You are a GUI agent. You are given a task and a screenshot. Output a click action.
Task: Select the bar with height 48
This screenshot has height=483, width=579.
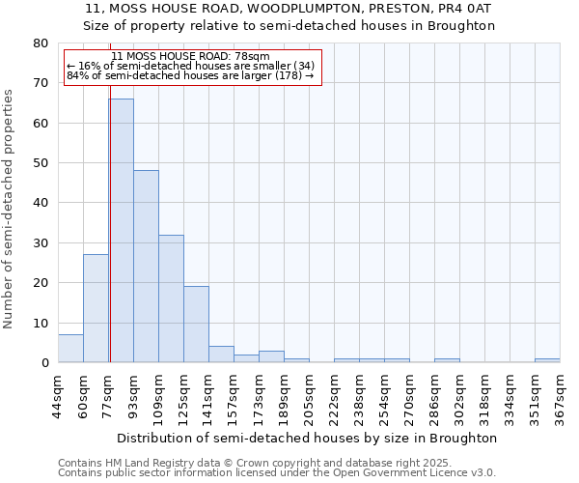pos(146,266)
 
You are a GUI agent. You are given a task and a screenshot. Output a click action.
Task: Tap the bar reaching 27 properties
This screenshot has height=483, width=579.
pos(96,308)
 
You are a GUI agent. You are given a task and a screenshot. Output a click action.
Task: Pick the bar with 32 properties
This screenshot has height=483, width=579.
pos(171,298)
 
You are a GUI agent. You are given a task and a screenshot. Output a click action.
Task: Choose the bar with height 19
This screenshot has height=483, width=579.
pos(196,325)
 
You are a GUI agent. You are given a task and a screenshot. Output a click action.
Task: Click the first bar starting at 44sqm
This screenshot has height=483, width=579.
pos(70,349)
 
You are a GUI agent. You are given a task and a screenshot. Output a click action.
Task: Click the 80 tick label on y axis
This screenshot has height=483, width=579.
pos(40,43)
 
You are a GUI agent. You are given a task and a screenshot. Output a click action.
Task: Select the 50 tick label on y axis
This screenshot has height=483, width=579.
pos(40,163)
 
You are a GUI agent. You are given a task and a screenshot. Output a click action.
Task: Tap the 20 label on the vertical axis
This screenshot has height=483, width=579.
pos(40,283)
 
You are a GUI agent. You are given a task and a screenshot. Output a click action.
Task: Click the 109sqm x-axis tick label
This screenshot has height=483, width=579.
pos(158,395)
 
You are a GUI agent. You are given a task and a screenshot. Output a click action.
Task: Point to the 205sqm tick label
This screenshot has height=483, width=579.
pos(309,395)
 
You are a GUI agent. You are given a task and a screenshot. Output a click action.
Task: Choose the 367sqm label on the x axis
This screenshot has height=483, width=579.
pos(560,395)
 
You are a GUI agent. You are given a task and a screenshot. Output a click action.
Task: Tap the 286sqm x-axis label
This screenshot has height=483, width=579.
pos(434,395)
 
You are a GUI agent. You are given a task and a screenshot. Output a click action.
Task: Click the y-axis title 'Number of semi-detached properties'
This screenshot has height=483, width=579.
pos(10,209)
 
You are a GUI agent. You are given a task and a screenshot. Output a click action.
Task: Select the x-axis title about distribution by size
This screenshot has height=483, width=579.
pos(310,438)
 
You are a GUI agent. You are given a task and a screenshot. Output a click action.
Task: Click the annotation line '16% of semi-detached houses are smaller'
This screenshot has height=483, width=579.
pos(191,66)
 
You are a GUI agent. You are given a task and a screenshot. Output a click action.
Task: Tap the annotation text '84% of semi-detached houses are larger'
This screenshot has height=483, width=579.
pos(191,75)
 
